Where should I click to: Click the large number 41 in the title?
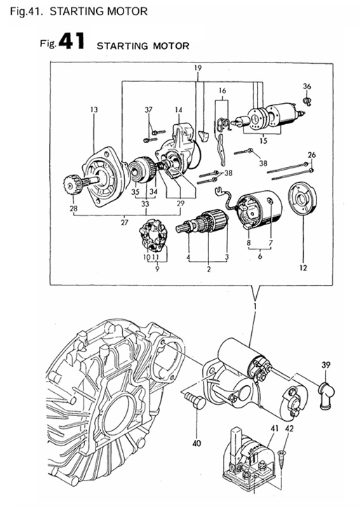click(72, 41)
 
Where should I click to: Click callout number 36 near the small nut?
click(306, 86)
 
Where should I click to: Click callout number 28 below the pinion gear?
click(73, 209)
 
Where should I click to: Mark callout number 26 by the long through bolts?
click(312, 154)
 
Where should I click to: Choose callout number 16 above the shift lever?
click(222, 91)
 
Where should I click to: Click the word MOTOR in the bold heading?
click(168, 46)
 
